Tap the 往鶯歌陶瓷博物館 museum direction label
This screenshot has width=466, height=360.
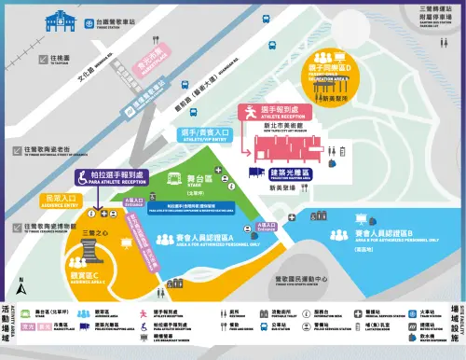click(x=41, y=228)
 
